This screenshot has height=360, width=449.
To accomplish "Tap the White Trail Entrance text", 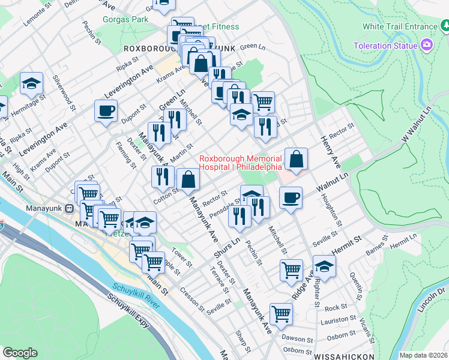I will coord(400,27).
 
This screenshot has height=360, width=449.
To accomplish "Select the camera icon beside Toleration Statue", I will coord(427,45).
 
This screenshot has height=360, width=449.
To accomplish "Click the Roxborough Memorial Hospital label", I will coord(240,163).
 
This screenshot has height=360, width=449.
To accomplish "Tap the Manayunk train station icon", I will coord(70,209).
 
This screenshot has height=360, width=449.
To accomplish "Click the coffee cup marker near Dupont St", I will coord(106,111).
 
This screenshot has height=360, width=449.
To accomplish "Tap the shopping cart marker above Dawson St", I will coord(281,313).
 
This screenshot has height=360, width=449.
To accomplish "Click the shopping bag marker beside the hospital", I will coord(296,159).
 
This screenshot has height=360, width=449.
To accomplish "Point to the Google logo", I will coord(20,353).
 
